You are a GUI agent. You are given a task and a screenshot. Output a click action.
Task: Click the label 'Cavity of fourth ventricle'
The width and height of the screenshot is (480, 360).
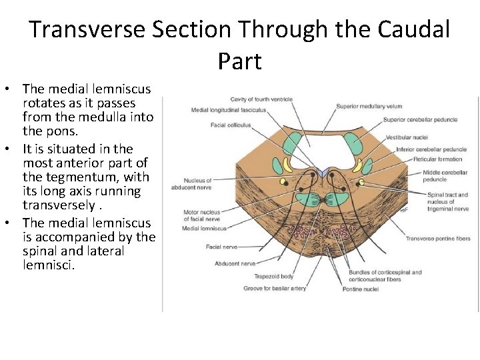(261, 99)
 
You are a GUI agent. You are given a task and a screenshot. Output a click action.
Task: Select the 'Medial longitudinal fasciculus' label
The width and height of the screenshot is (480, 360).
(229, 110)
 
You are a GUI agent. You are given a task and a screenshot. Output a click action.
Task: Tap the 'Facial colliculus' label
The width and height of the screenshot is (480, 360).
(230, 125)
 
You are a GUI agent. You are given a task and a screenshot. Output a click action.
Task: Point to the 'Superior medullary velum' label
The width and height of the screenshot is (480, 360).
(369, 106)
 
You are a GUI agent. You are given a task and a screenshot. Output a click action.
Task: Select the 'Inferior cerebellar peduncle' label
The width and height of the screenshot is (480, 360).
(431, 149)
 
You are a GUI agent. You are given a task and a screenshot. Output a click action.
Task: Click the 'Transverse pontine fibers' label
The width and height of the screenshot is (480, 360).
(438, 239)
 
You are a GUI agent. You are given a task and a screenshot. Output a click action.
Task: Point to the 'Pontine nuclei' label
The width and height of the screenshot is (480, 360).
(361, 289)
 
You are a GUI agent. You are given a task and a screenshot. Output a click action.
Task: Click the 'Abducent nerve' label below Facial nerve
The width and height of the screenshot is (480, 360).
(235, 264)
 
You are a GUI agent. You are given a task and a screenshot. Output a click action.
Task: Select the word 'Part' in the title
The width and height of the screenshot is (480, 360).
(239, 61)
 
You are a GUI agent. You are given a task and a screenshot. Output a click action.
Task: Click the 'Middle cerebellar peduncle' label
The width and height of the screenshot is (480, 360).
(436, 175)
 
